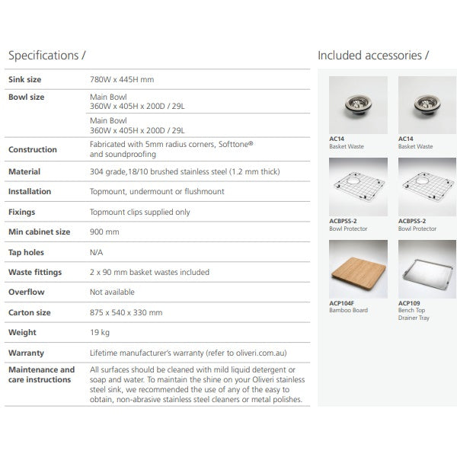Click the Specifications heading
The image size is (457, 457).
coord(53,56)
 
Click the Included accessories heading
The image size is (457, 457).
coord(373,56)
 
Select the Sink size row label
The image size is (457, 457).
coord(24,79)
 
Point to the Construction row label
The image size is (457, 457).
coord(32,149)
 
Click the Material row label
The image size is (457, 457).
coord(24,172)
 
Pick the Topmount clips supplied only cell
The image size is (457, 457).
coord(139,213)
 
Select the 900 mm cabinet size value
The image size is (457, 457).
coord(104,232)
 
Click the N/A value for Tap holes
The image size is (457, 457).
coord(97,252)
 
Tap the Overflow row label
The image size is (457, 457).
coord(26,292)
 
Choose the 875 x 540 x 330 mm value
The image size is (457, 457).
coord(126,312)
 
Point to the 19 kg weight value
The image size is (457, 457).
coord(100,332)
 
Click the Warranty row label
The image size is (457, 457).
coord(26,353)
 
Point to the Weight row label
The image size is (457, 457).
coord(22,332)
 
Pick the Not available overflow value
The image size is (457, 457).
coord(113,292)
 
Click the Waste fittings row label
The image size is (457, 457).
coord(34,272)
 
